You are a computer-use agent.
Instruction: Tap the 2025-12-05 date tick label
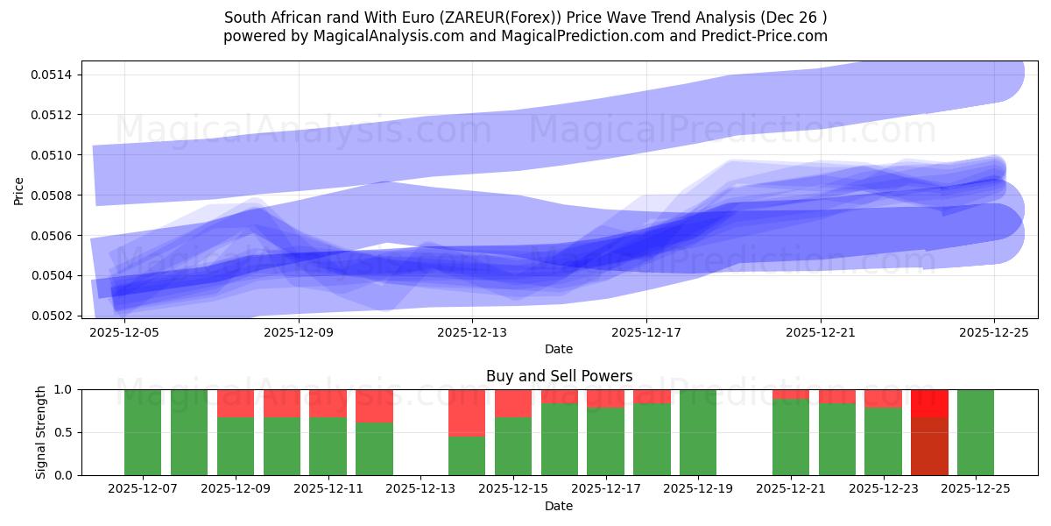(125, 332)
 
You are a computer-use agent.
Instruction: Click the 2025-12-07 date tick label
(143, 489)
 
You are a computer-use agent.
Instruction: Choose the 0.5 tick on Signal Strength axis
(66, 432)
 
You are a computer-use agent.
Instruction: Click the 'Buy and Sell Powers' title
(559, 376)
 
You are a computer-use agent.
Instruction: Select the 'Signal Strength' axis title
(41, 432)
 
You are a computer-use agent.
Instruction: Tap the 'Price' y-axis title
(19, 189)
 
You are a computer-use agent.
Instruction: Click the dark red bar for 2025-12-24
(929, 446)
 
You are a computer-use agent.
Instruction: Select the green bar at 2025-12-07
(143, 432)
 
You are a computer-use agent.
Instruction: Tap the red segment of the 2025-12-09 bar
(236, 403)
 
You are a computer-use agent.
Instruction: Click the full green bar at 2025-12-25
(976, 432)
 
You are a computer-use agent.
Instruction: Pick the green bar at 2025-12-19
(698, 432)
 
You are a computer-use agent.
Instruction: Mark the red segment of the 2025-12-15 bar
(513, 403)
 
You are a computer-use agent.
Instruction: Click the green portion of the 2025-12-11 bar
(328, 446)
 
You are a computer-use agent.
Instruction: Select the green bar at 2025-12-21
(791, 437)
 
